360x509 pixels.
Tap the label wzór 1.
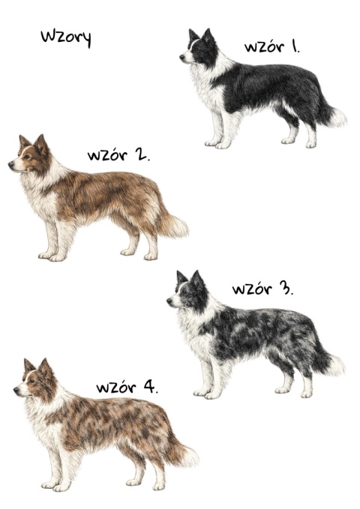pos(271,46)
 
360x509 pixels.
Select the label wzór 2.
pos(118,156)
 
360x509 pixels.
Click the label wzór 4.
pos(127,388)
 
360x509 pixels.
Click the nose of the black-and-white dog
pos(182,56)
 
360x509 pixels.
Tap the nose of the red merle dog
pos(16,390)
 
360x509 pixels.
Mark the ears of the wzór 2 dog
pos(32,141)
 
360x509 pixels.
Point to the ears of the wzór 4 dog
pos(37,366)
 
